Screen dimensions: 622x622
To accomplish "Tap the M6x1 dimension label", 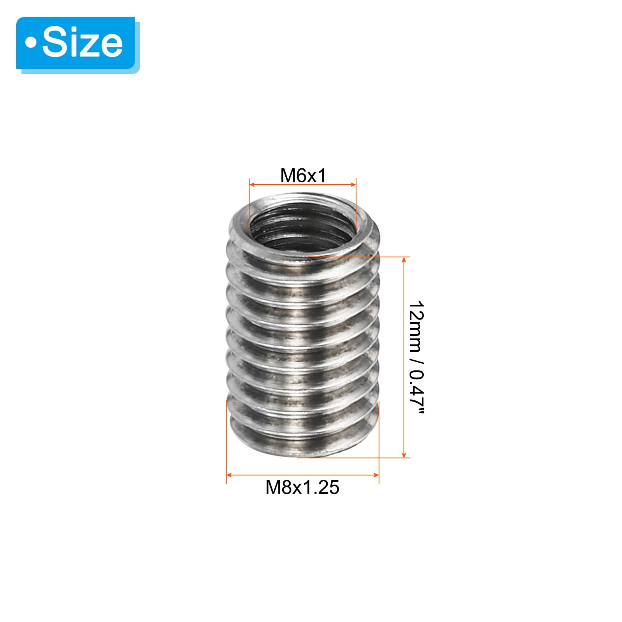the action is pos(303,176).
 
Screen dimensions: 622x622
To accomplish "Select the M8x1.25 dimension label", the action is pos(302,487).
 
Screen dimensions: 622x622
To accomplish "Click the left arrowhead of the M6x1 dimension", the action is pos(252,185).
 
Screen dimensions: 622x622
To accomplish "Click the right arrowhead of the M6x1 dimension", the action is pos(353,185).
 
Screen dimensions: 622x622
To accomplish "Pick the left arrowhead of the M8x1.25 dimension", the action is pos(229,475).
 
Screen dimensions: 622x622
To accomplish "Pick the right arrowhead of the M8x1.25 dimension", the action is pos(376,475).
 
